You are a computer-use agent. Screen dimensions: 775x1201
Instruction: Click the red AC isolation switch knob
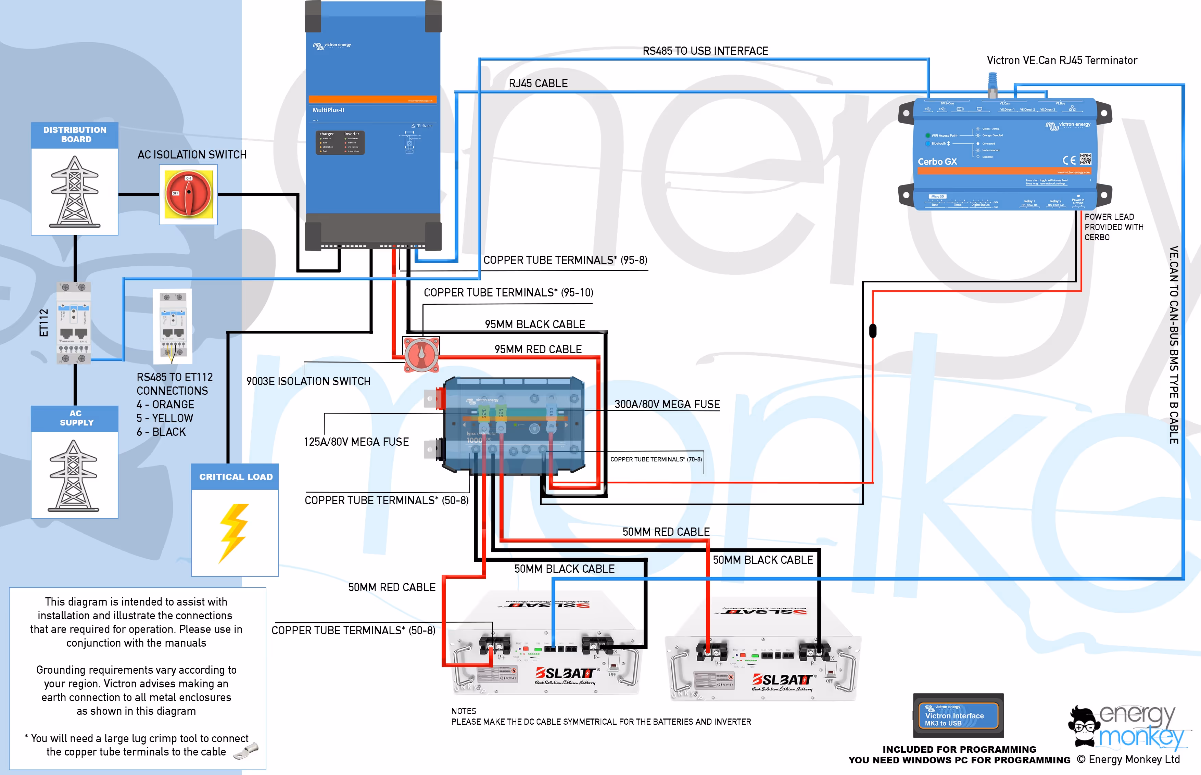pos(188,193)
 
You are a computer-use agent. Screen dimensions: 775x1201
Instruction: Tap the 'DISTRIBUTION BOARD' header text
pos(75,135)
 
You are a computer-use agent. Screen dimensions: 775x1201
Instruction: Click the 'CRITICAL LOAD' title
pos(236,477)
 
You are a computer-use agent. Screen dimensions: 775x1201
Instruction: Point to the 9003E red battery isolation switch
pos(422,354)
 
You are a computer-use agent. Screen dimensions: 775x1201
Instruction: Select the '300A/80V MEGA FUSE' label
pos(667,404)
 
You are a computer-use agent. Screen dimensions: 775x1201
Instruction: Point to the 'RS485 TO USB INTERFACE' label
pos(705,51)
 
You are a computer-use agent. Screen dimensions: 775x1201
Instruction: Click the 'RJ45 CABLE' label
pos(538,84)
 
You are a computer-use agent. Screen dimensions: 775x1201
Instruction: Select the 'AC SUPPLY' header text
pos(76,418)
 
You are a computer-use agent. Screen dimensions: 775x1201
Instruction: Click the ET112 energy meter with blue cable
pos(74,322)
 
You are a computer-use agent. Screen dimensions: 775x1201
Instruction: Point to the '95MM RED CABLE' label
pos(538,349)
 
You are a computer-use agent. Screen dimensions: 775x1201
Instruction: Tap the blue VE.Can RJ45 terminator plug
pos(992,84)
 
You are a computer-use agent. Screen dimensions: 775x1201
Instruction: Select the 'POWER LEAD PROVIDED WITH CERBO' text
pos(1113,227)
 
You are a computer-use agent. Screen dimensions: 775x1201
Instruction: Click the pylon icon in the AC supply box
pos(74,475)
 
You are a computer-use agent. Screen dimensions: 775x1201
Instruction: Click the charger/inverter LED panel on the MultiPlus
pos(340,142)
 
